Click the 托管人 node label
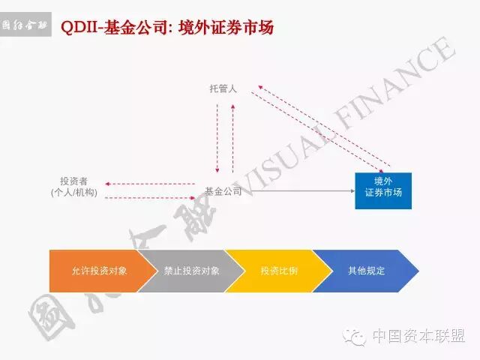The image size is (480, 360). click(223, 88)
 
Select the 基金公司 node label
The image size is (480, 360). click(223, 191)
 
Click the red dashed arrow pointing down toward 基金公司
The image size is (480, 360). click(217, 139)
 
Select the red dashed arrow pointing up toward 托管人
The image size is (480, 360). click(233, 139)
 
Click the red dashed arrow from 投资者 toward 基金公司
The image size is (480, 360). click(150, 198)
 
